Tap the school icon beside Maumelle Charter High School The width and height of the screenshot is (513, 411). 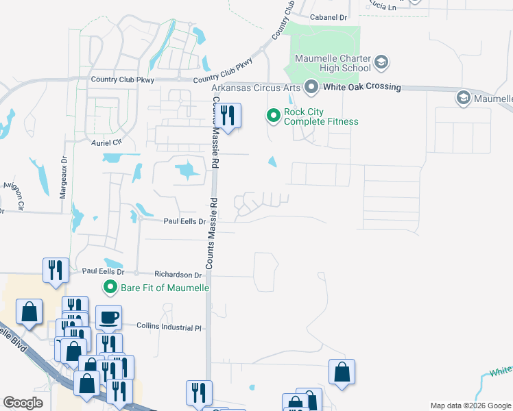(381, 64)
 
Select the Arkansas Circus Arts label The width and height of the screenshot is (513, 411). (256, 88)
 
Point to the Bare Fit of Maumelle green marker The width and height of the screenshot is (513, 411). (110, 286)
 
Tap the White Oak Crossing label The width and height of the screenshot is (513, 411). (361, 87)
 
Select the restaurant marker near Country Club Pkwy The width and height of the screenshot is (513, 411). (228, 116)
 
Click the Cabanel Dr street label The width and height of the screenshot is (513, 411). (329, 16)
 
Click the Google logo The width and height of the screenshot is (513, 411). (23, 402)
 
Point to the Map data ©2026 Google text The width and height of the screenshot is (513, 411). (470, 406)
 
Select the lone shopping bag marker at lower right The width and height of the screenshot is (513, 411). (342, 373)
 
